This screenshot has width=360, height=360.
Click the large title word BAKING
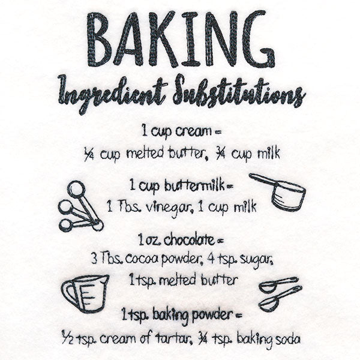tap(181, 39)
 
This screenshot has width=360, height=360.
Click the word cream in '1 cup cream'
tap(194, 131)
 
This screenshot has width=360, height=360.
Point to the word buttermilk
tap(193, 186)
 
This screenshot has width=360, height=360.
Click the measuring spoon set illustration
tap(79, 207)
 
